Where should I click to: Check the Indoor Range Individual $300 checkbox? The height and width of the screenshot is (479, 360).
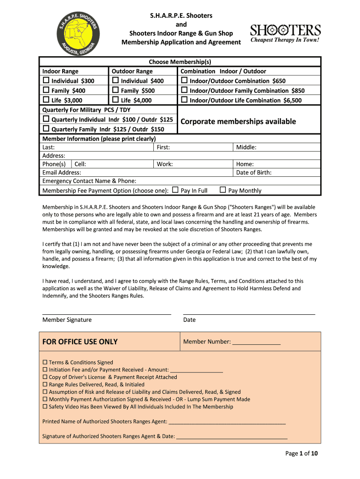pos(46,81)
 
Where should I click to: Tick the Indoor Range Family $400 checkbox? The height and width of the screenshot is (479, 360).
pos(46,90)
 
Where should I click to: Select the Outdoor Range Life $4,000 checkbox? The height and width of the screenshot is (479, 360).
pos(115,100)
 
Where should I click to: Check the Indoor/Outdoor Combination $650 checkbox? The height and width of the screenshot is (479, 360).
pos(184,81)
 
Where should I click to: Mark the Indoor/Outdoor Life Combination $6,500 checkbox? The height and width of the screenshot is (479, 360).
pos(184,100)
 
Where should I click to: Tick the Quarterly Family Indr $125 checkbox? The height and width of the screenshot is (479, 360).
pos(46,129)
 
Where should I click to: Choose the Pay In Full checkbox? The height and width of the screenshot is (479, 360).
pos(175,190)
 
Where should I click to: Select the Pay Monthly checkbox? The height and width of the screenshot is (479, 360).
pos(223,190)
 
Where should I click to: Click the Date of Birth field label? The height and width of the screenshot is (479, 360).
pos(253,173)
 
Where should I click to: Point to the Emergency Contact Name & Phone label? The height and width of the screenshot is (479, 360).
pos(89,181)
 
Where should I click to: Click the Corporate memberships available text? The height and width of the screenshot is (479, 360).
pos(238,122)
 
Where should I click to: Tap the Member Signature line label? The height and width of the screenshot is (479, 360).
pos(67,320)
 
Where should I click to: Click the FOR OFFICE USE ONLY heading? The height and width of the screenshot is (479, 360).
pos(80,341)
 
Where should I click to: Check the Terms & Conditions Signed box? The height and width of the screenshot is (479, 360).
pos(45,363)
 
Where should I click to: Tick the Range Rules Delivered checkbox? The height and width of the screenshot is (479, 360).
pos(45,385)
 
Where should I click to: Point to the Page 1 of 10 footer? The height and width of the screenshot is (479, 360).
pos(302,453)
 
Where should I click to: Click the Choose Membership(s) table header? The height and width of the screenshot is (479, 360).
pos(180,62)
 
